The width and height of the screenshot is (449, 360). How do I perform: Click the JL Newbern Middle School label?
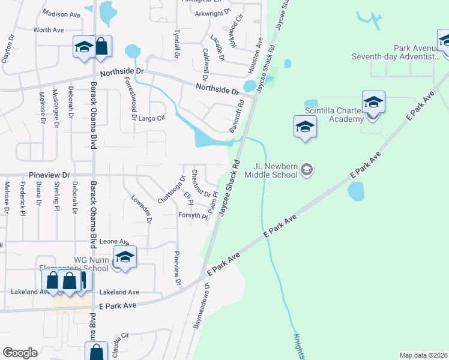click(x=276, y=170)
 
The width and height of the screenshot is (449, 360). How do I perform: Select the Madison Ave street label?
click(x=62, y=14)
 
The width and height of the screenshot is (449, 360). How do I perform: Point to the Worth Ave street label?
click(x=49, y=29)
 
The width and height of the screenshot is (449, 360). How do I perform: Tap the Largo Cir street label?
click(x=151, y=118)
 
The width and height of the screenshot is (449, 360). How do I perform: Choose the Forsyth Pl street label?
click(x=192, y=215)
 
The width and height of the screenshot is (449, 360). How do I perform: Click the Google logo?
click(x=20, y=353)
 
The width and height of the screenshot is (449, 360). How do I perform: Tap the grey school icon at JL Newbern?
click(x=307, y=170)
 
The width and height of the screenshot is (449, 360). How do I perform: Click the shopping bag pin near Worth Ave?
click(x=101, y=47)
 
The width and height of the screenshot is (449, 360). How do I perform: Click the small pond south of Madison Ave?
click(x=107, y=12)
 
